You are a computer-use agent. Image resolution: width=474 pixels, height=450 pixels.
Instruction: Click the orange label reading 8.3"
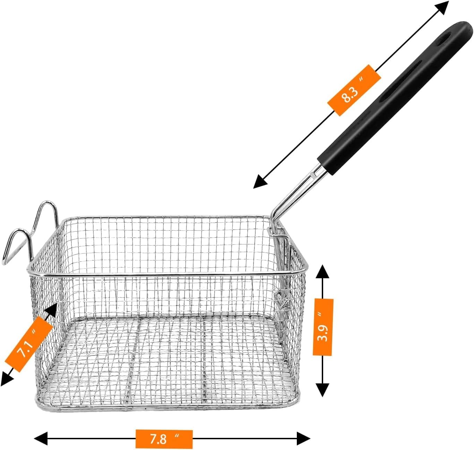coord(354,90)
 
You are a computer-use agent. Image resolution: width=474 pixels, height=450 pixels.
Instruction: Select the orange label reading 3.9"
coord(323,327)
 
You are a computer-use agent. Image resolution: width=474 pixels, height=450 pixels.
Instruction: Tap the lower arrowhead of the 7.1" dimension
coord(6,379)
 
